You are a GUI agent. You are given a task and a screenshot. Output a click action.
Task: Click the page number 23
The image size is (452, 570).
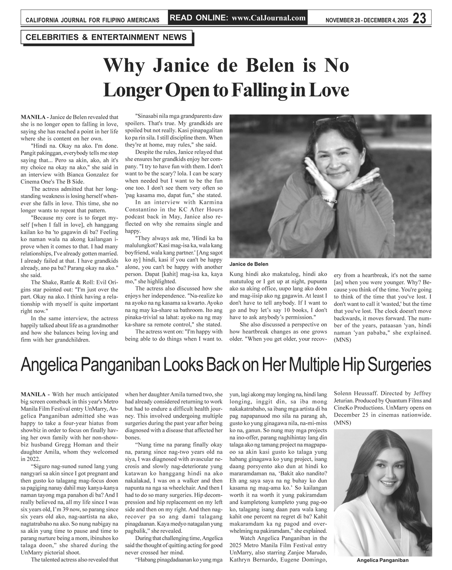coord(419,18)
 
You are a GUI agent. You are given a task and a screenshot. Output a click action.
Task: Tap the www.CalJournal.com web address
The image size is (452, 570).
coord(269,18)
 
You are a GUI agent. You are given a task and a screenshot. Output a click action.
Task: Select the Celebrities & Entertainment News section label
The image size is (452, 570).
coord(106,37)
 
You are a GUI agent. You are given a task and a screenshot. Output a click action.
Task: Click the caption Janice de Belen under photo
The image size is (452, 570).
coord(249,264)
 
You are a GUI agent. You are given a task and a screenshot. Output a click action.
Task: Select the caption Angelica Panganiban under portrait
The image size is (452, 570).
coord(382,560)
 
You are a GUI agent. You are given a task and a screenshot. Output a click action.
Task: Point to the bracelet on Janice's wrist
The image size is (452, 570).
coord(330,200)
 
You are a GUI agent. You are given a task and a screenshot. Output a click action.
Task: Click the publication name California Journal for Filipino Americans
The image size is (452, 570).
coord(92,20)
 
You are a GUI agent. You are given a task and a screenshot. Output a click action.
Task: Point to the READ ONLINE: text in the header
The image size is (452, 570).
coord(199,18)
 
